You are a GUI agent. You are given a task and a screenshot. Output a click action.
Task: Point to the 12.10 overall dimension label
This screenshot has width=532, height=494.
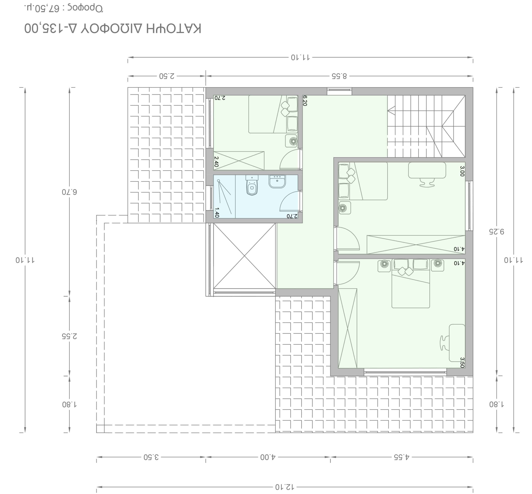click(284, 487)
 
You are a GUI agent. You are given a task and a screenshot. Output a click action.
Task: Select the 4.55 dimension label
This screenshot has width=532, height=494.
click(401, 457)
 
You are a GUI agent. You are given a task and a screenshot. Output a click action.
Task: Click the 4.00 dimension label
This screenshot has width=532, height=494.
click(268, 457)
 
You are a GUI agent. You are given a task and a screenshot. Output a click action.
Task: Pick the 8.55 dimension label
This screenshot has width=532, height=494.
click(339, 76)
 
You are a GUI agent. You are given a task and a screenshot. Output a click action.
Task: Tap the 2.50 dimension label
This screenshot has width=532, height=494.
click(167, 76)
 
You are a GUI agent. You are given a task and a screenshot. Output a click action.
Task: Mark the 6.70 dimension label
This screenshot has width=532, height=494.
click(70, 192)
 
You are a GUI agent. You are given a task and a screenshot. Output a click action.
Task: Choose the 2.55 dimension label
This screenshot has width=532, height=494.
click(70, 336)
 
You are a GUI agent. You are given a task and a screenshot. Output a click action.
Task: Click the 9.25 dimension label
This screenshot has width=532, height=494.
click(497, 231)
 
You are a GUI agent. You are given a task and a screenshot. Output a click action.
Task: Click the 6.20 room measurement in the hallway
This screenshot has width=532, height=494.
click(304, 101)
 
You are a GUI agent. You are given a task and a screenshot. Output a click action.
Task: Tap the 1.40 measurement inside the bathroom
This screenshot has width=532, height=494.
click(217, 213)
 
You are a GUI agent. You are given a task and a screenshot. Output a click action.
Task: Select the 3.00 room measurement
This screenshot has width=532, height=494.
click(462, 171)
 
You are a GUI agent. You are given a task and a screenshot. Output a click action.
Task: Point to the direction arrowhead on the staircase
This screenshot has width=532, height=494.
click(391, 110)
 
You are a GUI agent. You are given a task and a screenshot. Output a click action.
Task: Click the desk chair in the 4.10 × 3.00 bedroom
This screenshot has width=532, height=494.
click(427, 183)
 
